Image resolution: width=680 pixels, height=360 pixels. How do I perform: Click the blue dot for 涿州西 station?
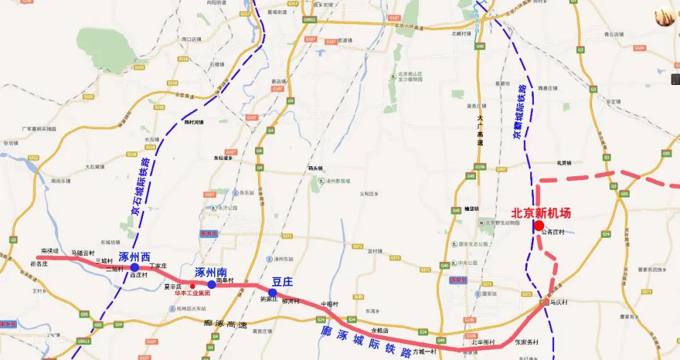tap(135, 267)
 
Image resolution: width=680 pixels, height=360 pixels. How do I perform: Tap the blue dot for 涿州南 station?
tap(212, 284)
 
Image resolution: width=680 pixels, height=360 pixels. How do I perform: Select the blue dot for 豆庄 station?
tap(272, 293)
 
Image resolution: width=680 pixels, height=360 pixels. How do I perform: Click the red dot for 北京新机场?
tap(539, 225)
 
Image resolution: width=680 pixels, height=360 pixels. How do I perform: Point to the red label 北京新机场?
tap(541, 213)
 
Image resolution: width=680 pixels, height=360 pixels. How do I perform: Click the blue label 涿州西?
tap(135, 257)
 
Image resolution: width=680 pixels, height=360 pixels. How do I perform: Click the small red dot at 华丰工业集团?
tap(193, 287)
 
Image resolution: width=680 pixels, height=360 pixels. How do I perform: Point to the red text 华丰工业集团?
tap(193, 293)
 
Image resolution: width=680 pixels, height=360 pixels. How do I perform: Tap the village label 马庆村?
tap(558, 302)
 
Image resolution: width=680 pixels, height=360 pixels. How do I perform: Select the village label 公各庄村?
tap(553, 232)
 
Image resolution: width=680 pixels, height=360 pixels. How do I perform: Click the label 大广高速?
tap(480, 131)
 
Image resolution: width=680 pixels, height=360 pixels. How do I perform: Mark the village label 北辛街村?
tap(483, 342)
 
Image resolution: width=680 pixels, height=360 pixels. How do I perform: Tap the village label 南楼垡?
tap(50, 250)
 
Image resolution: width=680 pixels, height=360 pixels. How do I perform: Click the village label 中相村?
tap(330, 304)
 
